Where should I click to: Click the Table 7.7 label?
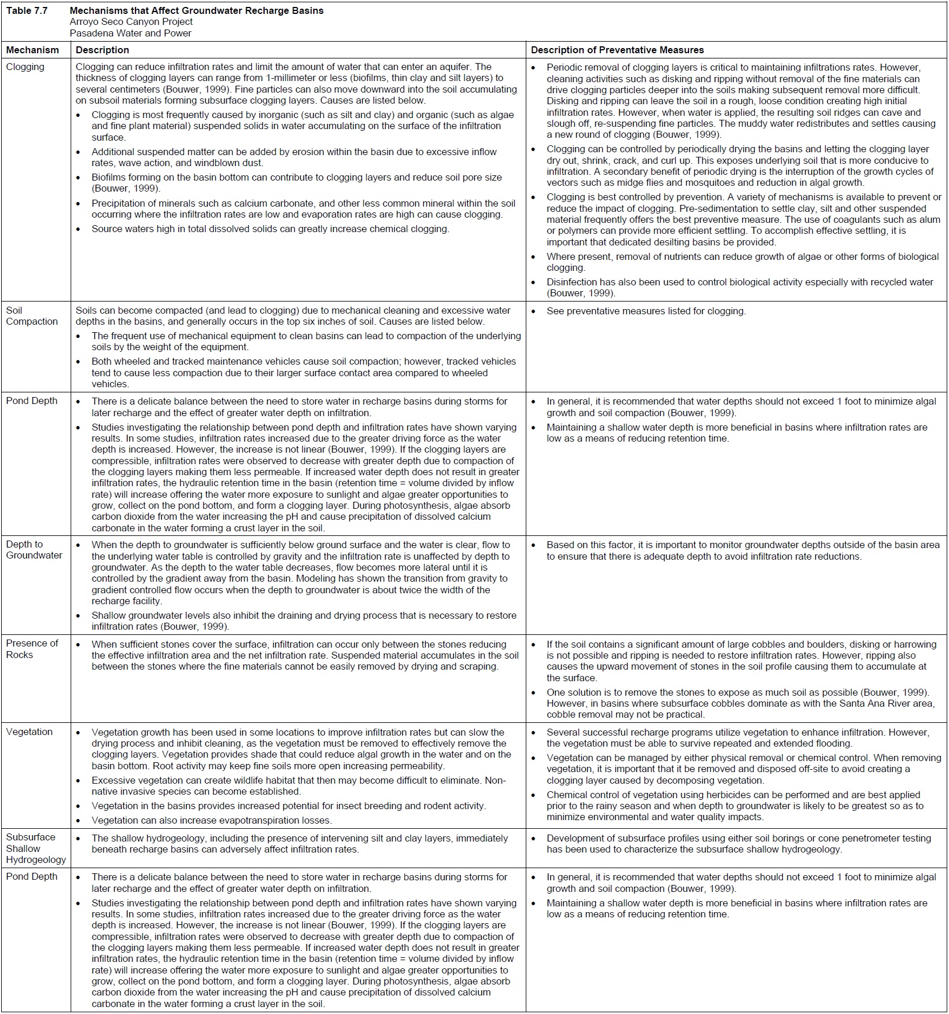pos(27,10)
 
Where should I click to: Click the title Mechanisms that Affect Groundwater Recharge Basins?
pos(196,10)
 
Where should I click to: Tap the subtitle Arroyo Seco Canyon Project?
pos(131,22)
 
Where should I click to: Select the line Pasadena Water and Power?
pos(130,33)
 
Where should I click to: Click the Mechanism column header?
pos(32,50)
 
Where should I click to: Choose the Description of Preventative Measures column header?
pos(617,50)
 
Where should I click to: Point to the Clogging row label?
pos(25,67)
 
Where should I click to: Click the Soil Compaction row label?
pos(32,316)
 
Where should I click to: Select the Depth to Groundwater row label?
pos(34,550)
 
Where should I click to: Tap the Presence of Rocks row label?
pos(32,649)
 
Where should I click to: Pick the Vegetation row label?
pos(29,732)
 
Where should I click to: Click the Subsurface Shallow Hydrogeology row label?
pos(36,848)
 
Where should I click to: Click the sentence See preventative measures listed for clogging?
pos(646,311)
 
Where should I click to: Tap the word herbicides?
pos(721,795)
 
